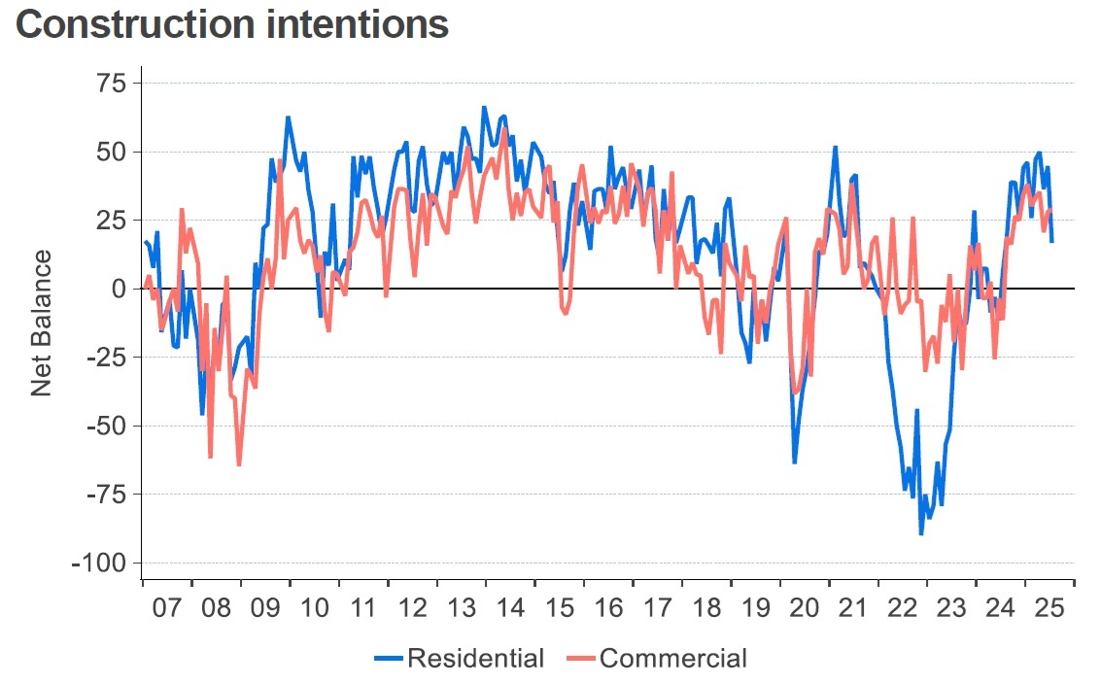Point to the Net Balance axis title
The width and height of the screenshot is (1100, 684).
pyautogui.click(x=41, y=324)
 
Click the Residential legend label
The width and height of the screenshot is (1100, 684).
pyautogui.click(x=475, y=658)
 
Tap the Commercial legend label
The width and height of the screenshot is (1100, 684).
pyautogui.click(x=673, y=658)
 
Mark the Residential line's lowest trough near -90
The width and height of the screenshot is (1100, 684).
pyautogui.click(x=921, y=533)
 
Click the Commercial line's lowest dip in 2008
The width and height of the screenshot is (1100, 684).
pyautogui.click(x=238, y=464)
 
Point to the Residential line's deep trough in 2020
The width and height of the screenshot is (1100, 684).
pyautogui.click(x=794, y=462)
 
